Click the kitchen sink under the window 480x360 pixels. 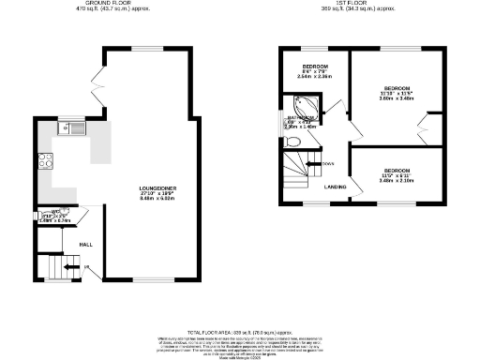(x=70, y=128)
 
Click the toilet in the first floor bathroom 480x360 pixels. (x=292, y=142)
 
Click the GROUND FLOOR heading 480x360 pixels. (x=105, y=4)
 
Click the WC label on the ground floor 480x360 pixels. (x=55, y=212)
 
